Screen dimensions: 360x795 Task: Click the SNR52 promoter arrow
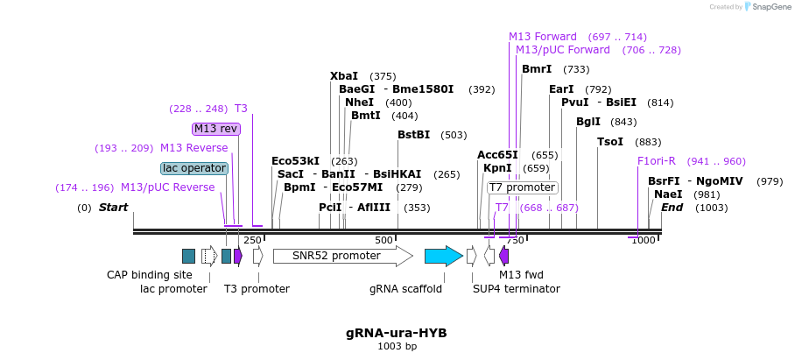click(341, 256)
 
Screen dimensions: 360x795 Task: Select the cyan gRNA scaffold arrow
click(443, 256)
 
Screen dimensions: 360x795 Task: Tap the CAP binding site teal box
click(188, 256)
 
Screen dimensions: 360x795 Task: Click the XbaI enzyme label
click(344, 76)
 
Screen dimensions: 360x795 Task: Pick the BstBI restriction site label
click(413, 135)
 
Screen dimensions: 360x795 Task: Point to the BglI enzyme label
click(587, 122)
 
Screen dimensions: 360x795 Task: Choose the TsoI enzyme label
click(610, 142)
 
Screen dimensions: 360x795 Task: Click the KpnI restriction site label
click(497, 168)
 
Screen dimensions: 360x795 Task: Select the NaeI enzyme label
click(668, 194)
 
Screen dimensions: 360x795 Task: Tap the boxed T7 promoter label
click(522, 187)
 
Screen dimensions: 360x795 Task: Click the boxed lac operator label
click(194, 168)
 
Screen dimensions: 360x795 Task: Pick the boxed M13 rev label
click(215, 129)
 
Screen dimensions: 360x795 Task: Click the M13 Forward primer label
click(543, 37)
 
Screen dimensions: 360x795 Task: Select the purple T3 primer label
click(241, 109)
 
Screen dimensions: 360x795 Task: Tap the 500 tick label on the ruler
click(383, 240)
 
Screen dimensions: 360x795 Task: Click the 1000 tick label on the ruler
click(644, 240)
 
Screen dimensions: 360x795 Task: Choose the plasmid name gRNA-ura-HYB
click(397, 333)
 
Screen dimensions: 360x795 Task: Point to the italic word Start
click(113, 208)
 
